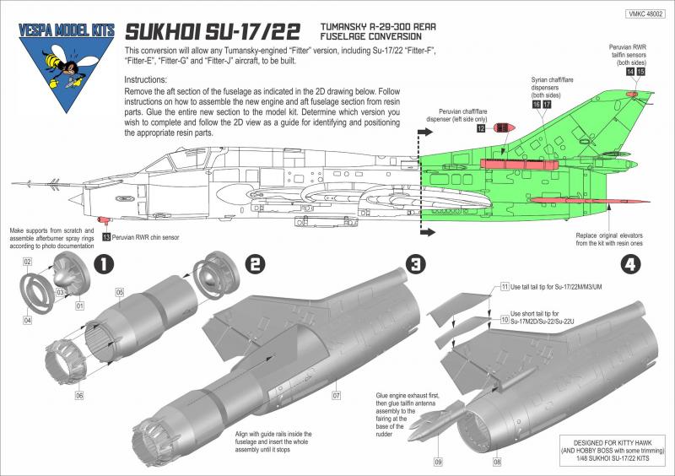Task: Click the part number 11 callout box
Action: (x=505, y=287)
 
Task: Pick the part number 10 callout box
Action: (x=505, y=321)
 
